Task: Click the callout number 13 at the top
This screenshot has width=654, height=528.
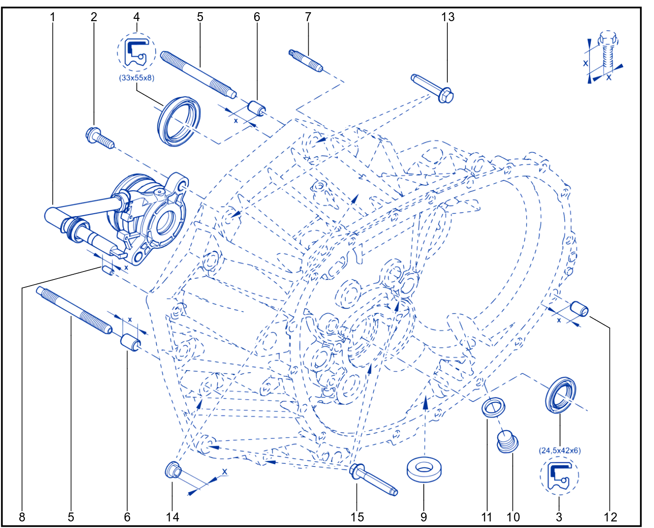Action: (x=447, y=17)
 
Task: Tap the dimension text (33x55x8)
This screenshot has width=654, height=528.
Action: (x=137, y=78)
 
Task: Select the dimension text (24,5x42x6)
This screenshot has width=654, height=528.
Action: (x=560, y=450)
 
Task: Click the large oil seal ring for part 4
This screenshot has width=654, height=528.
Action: (x=179, y=122)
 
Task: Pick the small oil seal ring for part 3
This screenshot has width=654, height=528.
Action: (x=561, y=395)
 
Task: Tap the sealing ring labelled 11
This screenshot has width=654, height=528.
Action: (x=493, y=407)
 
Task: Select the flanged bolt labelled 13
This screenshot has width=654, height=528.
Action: (x=433, y=88)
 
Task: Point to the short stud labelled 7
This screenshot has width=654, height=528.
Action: (x=305, y=60)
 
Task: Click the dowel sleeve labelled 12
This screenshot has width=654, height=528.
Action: (x=579, y=309)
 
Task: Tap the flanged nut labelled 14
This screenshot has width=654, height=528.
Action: (x=173, y=470)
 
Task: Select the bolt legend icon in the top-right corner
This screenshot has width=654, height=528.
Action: (x=604, y=57)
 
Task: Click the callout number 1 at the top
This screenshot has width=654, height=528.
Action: (x=53, y=17)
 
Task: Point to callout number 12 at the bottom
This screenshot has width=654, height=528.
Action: (x=610, y=517)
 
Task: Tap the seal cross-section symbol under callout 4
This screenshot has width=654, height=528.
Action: (x=137, y=53)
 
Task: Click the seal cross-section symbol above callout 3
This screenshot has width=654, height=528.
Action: (x=560, y=475)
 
